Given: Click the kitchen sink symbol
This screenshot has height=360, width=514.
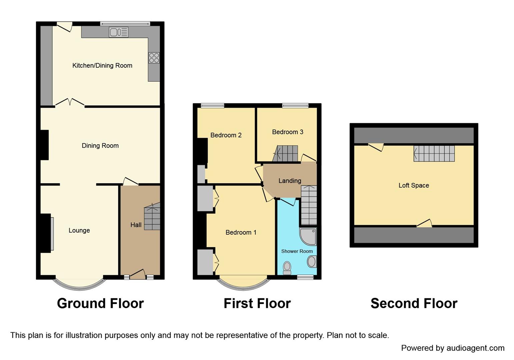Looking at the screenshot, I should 118,32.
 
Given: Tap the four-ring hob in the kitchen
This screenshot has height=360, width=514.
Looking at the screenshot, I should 154,58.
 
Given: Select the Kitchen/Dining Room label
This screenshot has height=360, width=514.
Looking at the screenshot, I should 102,66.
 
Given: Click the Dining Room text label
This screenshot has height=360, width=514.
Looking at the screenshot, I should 100,146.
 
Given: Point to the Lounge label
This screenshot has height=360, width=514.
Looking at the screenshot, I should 79,230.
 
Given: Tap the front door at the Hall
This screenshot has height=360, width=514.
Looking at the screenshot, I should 137,275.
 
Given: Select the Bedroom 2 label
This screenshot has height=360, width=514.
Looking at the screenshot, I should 226,135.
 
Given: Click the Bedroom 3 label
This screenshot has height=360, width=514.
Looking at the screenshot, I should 287,132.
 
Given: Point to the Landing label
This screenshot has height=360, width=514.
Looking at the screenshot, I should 290,181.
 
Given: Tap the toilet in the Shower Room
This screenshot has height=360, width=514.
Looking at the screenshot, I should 287,268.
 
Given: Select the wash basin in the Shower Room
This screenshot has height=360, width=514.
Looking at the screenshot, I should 311,262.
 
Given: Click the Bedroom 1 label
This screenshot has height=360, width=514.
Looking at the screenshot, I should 241,232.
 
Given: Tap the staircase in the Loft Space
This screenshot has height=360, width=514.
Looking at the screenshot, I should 434,154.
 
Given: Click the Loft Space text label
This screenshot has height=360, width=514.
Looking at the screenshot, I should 414,185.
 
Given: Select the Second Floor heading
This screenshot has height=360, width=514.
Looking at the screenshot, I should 414,303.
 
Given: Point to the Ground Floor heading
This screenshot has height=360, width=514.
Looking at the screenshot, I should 100,303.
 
